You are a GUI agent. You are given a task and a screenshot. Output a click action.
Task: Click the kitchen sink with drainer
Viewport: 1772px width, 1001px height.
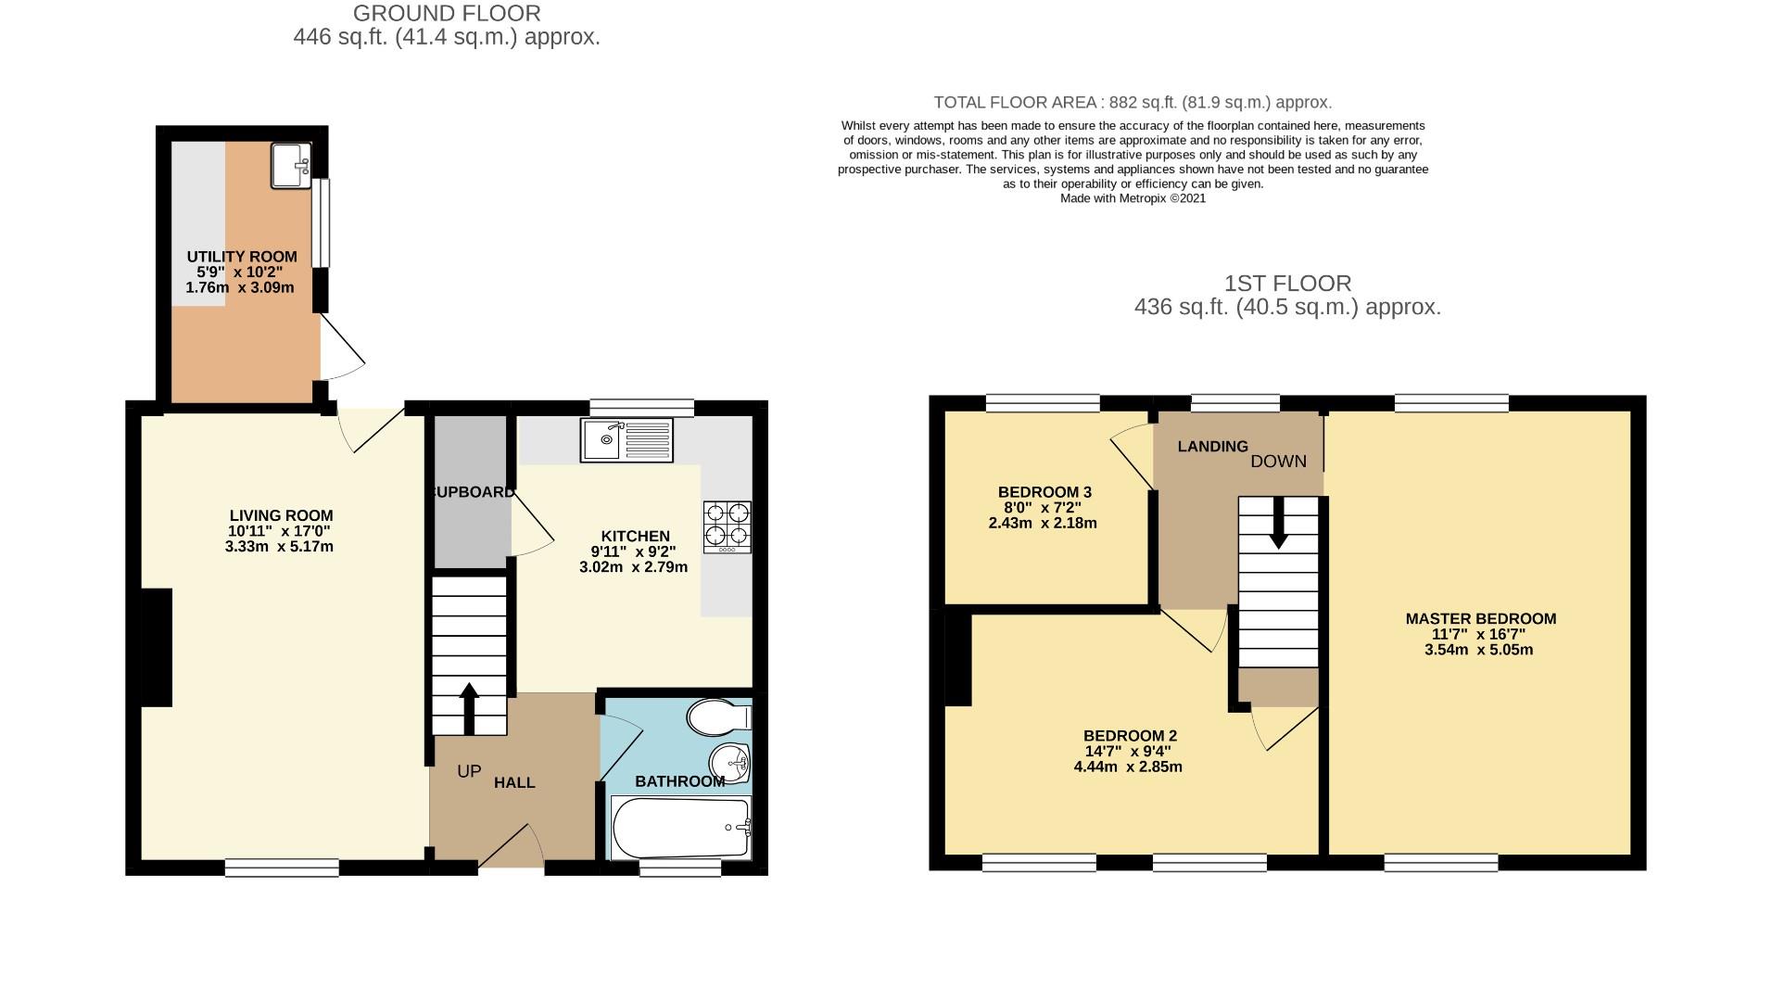click(x=627, y=440)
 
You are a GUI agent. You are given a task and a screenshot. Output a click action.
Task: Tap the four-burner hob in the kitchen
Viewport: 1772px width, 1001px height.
click(x=727, y=526)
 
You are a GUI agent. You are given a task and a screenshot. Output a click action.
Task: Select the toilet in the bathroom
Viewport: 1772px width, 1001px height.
click(x=718, y=716)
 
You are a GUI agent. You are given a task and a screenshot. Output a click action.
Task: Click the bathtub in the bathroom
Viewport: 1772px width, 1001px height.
click(x=681, y=828)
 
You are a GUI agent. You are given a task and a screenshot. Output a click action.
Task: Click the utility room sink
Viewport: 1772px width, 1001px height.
click(x=292, y=167)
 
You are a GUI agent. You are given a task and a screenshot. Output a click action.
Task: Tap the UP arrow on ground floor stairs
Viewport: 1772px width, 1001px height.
click(x=469, y=708)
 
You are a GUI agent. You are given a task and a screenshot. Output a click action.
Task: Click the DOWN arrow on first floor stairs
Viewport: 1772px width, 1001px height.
click(x=1278, y=523)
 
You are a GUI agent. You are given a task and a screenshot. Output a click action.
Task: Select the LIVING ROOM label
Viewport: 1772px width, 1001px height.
click(x=281, y=515)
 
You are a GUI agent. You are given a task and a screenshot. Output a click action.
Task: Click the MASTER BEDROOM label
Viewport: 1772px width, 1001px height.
click(x=1480, y=618)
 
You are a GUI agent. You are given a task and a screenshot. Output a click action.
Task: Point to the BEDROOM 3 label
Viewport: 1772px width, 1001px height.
click(x=1044, y=492)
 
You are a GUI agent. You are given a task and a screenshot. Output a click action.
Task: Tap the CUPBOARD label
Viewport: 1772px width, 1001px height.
click(x=473, y=492)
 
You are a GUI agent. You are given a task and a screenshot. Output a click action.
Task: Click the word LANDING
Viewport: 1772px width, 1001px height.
click(x=1212, y=447)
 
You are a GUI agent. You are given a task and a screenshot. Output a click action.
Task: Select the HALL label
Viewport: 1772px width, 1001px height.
click(x=514, y=782)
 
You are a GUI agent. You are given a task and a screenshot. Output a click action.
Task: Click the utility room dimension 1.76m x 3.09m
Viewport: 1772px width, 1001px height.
click(x=240, y=287)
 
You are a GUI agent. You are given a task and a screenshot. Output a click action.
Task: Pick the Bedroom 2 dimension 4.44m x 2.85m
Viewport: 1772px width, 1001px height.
click(x=1128, y=767)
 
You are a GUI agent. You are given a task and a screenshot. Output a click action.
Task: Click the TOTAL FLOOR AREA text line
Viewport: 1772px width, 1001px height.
click(x=1132, y=103)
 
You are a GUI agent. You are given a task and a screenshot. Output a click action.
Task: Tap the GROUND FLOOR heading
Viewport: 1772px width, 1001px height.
click(x=447, y=14)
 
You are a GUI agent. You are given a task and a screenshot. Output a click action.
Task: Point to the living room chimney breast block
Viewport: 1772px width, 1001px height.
click(x=157, y=647)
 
